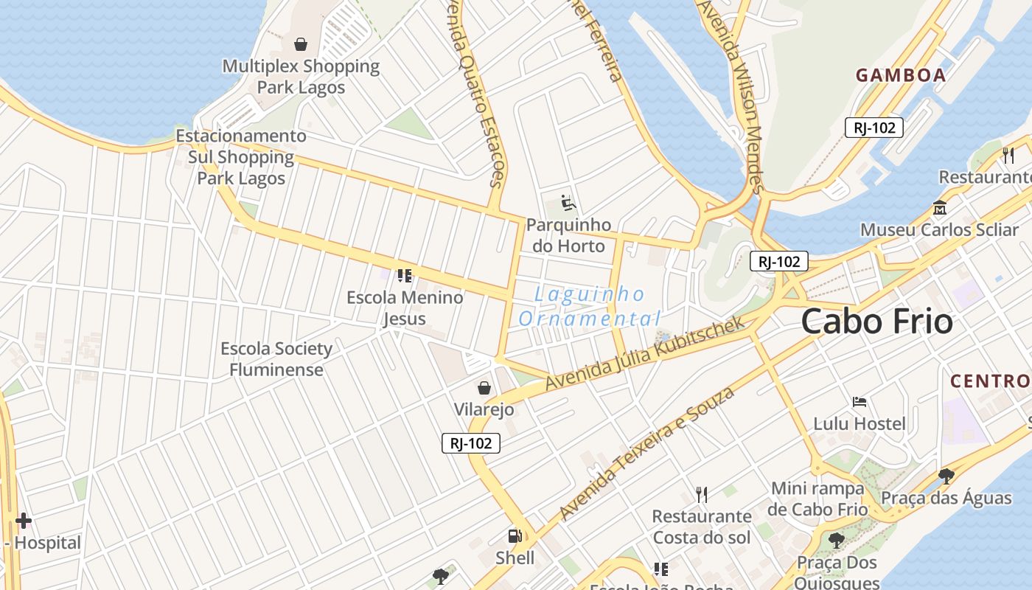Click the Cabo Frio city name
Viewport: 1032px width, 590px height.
point(876,322)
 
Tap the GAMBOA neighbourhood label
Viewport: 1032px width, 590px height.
point(901,74)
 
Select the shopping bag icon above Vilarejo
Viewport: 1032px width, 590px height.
point(484,388)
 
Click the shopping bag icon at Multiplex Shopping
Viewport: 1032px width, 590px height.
point(301,44)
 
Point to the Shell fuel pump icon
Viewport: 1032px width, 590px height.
point(515,536)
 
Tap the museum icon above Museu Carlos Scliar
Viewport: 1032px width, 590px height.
point(939,208)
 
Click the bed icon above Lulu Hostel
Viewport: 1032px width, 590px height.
point(859,402)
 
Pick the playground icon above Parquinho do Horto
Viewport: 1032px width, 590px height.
point(568,202)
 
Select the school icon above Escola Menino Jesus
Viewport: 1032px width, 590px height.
point(404,276)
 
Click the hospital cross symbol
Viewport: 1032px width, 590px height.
point(24,521)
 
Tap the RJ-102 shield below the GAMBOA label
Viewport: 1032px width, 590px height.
point(874,128)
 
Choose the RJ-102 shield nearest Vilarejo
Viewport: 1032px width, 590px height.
point(471,443)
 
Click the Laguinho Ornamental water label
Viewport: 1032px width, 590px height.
point(589,306)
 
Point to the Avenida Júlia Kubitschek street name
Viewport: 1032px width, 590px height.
point(646,355)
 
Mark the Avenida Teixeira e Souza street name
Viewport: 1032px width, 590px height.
point(646,454)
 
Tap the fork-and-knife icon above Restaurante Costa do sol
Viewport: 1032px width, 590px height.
point(701,494)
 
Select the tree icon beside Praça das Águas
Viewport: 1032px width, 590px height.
point(946,476)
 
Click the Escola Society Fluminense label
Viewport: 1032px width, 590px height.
point(276,358)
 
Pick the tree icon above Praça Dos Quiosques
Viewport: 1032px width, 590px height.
point(836,541)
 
